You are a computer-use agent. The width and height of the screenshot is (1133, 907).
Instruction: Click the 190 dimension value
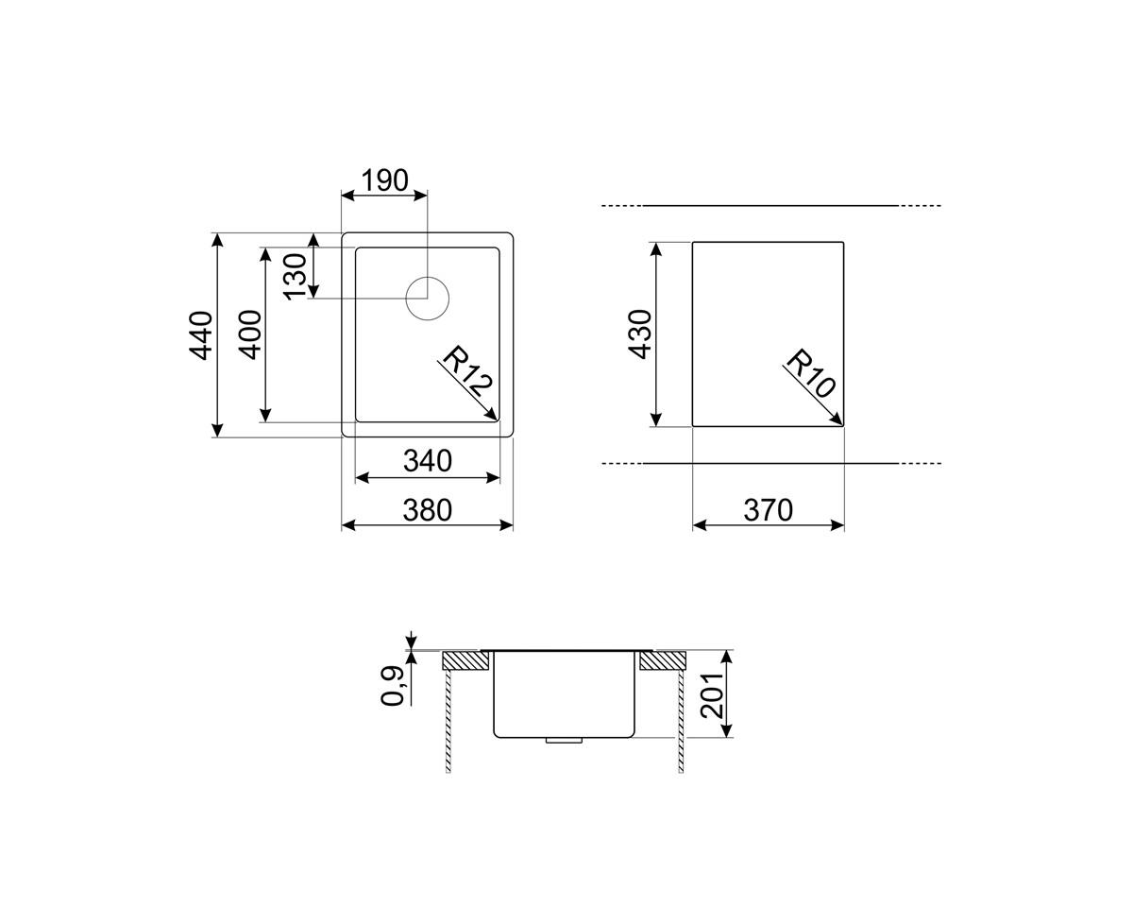385,180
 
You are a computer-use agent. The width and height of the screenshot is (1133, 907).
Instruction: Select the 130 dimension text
295,277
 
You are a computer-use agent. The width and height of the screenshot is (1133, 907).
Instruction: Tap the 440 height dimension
201,335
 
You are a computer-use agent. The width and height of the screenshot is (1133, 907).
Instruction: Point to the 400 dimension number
250,334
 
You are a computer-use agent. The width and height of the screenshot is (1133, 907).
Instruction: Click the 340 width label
428,461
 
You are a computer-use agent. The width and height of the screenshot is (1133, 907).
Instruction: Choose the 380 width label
428,510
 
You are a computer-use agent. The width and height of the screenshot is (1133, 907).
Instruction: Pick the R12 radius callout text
467,370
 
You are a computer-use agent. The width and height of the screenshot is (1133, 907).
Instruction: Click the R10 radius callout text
811,373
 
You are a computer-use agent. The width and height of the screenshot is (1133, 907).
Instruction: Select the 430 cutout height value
641,334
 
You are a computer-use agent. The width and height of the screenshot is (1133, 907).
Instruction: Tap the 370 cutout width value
769,510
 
